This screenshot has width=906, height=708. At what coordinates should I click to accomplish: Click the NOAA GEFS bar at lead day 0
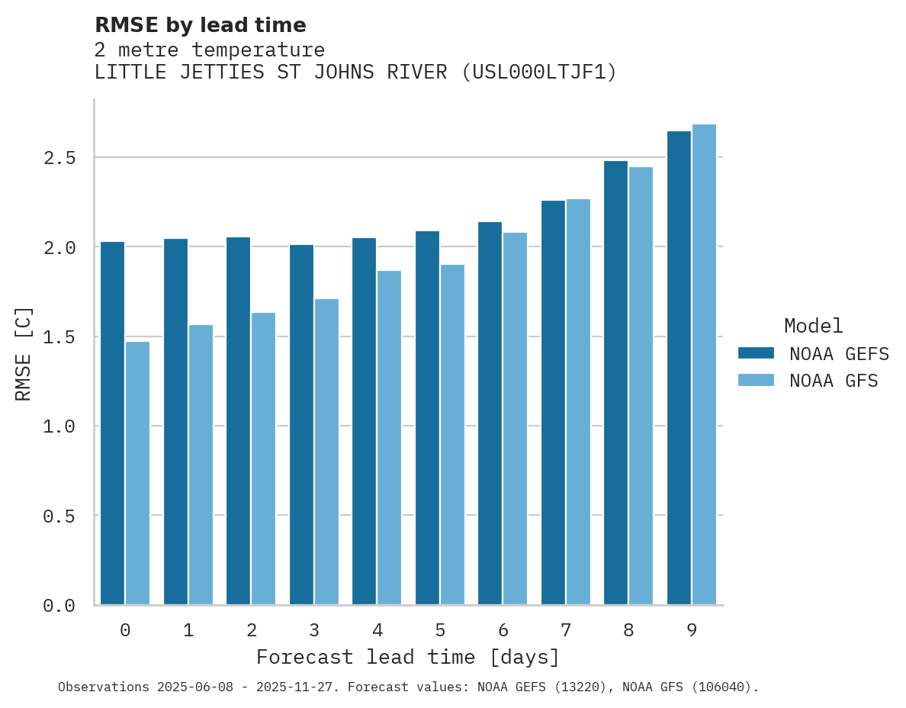112,423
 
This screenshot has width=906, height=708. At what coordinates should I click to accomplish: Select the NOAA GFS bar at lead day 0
137,473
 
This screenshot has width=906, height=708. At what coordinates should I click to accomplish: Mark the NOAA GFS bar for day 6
515,419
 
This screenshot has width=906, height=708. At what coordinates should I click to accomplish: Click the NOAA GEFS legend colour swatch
756,353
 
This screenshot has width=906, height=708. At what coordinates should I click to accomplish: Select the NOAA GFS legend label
834,381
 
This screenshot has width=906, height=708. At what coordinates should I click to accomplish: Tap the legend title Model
813,326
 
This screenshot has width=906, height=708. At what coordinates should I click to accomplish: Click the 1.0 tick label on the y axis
59,426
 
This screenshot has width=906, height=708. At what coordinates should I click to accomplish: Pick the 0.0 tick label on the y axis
59,606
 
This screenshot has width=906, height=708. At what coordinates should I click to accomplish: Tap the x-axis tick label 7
566,630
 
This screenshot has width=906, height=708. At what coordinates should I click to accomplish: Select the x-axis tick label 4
377,630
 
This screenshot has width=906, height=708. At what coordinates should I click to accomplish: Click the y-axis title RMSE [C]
24,353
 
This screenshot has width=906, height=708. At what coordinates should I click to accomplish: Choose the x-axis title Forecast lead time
408,657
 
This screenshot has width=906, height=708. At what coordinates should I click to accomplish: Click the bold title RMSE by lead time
200,25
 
